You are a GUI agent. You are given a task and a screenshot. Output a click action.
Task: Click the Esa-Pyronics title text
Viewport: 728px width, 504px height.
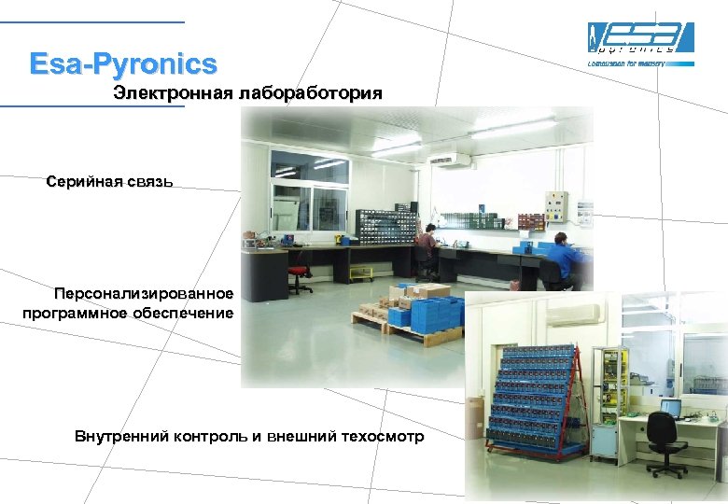122,64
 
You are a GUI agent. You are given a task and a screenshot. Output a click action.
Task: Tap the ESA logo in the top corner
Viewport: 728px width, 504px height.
640,39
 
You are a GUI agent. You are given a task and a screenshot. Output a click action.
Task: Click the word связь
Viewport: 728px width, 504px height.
146,181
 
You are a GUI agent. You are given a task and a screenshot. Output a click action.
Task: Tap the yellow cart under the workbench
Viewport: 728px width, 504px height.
359,273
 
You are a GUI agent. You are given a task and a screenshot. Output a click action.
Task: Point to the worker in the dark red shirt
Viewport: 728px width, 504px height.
427,246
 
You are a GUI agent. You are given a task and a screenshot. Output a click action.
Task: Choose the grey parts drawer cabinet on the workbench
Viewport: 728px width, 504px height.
385,227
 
